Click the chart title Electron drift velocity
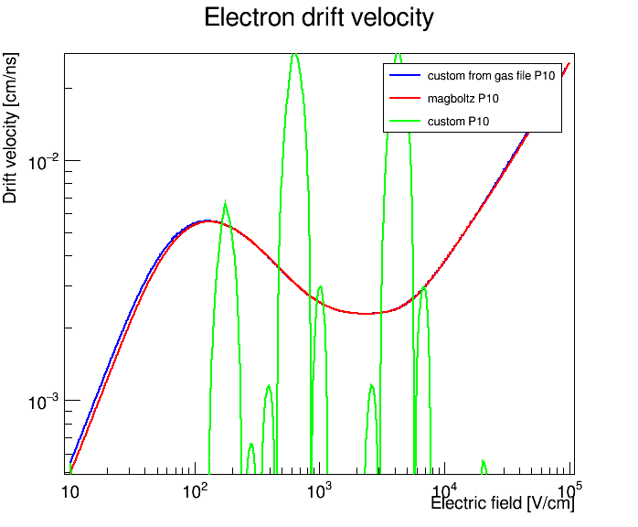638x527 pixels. pyautogui.click(x=319, y=18)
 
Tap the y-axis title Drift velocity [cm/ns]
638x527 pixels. pyautogui.click(x=10, y=128)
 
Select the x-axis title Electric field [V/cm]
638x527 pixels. pyautogui.click(x=503, y=503)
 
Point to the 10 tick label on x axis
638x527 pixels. pyautogui.click(x=69, y=492)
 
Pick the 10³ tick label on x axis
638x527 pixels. pyautogui.click(x=316, y=490)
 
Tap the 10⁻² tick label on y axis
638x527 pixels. pyautogui.click(x=43, y=162)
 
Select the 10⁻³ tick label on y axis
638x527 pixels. pyautogui.click(x=43, y=402)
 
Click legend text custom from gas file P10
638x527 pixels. pyautogui.click(x=491, y=76)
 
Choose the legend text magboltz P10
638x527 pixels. pyautogui.click(x=463, y=99)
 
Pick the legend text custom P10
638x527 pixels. pyautogui.click(x=458, y=122)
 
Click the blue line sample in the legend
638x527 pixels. pyautogui.click(x=405, y=75)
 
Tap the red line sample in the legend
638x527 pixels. pyautogui.click(x=405, y=98)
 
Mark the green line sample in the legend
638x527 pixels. pyautogui.click(x=405, y=121)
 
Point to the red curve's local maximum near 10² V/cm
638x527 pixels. pyautogui.click(x=208, y=221)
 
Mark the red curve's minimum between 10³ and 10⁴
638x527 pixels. pyautogui.click(x=367, y=313)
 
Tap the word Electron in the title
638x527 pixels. pyautogui.click(x=249, y=18)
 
